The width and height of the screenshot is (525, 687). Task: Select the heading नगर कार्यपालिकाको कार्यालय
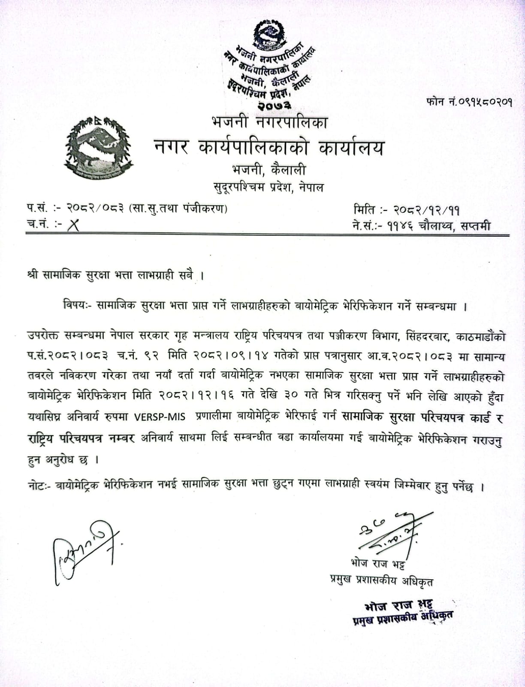click(x=269, y=147)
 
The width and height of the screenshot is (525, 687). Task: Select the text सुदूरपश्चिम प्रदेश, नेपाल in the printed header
click(x=269, y=187)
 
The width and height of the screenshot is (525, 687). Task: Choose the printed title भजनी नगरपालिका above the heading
click(x=269, y=123)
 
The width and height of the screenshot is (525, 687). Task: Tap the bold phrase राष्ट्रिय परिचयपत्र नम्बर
click(x=80, y=438)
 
